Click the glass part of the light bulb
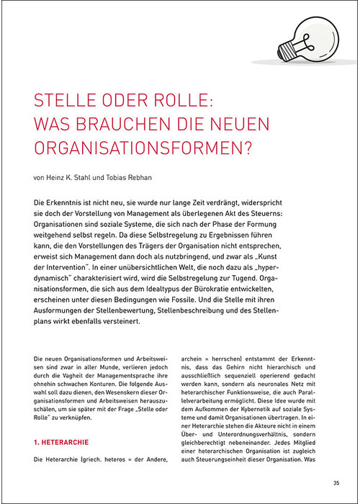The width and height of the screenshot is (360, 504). [x=312, y=36]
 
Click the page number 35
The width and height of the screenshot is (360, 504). [x=336, y=482]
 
